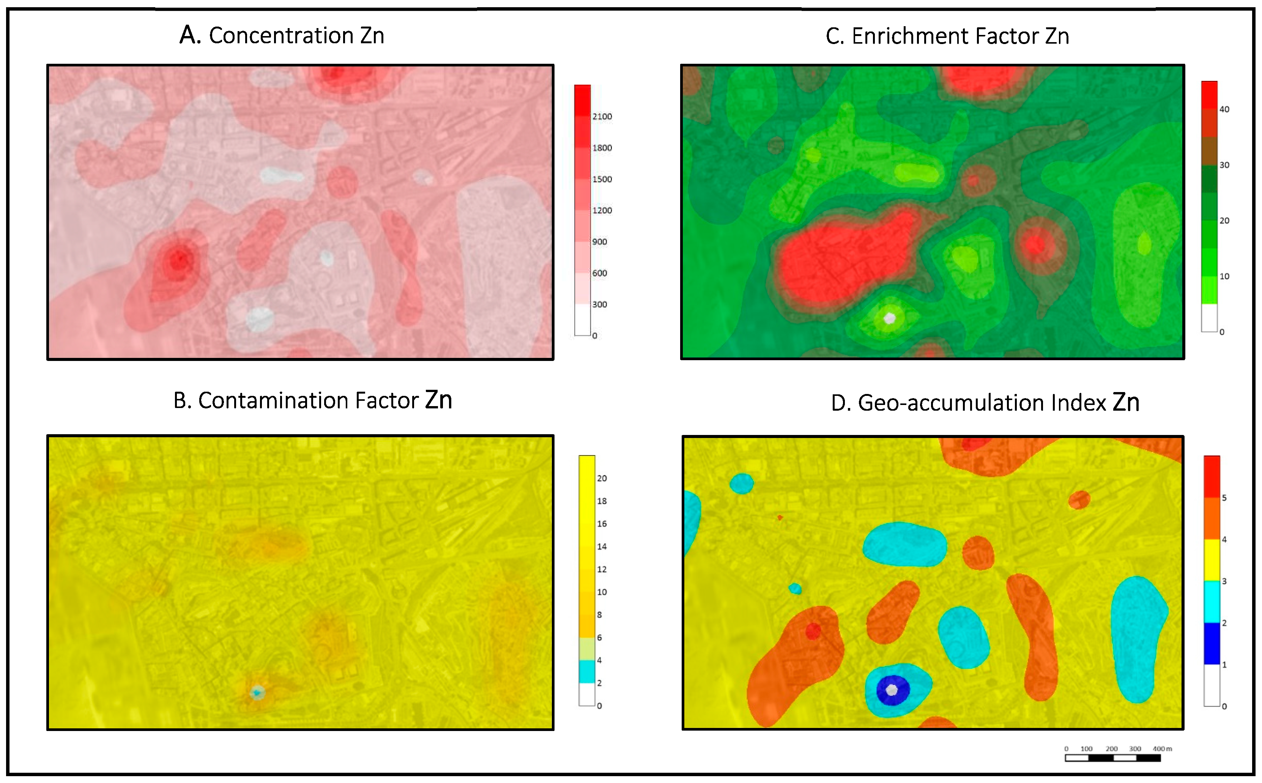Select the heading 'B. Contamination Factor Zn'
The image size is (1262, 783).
point(312,400)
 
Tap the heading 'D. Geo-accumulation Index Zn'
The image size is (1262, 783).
point(985,402)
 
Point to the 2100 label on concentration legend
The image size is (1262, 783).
point(602,117)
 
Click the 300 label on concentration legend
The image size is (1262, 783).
point(599,304)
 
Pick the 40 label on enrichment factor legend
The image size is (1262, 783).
point(1224,109)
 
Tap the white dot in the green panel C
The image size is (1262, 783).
point(889,318)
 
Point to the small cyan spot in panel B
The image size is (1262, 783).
point(257,692)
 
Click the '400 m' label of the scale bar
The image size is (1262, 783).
point(1162,749)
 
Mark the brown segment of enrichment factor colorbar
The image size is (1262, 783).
point(1209,151)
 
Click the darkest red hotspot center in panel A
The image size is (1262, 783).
point(179,258)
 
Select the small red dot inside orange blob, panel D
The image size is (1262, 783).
point(813,631)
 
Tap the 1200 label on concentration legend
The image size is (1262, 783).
point(602,210)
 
